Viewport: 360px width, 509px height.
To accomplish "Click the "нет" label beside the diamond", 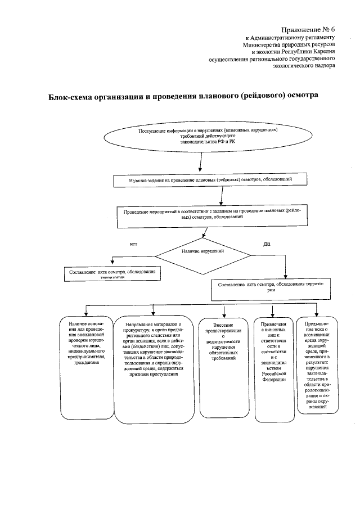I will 133,244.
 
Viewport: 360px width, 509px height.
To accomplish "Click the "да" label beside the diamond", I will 267,244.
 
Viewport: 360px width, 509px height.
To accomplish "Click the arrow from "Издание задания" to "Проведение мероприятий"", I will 223,196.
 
